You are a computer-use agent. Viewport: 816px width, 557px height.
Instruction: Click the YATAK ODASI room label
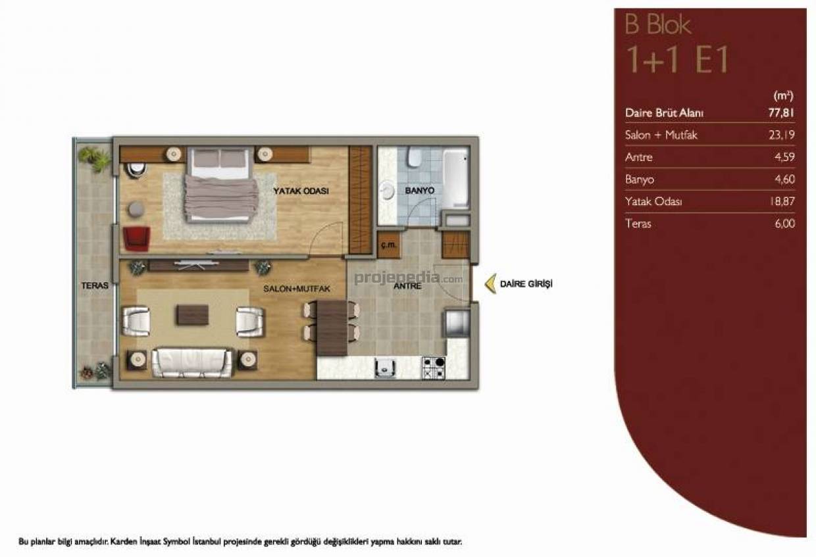tap(301, 191)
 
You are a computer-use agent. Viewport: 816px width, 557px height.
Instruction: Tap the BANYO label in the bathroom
tap(420, 191)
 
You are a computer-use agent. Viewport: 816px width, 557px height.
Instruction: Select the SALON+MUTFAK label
tap(297, 289)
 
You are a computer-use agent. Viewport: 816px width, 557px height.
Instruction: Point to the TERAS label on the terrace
tap(95, 285)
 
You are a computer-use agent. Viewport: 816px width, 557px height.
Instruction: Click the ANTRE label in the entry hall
tap(407, 286)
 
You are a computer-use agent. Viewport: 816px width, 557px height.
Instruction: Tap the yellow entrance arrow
tap(490, 283)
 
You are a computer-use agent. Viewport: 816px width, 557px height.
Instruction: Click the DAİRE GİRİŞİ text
tap(526, 284)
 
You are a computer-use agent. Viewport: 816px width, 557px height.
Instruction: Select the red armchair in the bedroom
tap(136, 239)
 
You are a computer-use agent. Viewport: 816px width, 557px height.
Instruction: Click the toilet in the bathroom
tap(414, 157)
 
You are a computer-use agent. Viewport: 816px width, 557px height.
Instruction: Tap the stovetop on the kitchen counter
tap(434, 368)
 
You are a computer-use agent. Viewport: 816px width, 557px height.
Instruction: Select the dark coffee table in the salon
tap(193, 315)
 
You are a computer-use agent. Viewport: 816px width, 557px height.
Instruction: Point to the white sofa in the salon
tap(192, 363)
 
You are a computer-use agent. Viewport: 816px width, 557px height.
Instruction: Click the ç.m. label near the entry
tap(388, 245)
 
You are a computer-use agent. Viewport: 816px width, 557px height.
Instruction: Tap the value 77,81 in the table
tap(781, 112)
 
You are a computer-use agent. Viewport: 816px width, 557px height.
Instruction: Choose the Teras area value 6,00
tap(784, 223)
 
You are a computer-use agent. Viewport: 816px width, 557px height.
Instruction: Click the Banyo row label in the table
tap(640, 180)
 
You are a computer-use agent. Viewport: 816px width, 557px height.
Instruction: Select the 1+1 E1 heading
tap(677, 59)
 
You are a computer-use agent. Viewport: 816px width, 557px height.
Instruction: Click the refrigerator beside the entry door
tap(457, 323)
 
